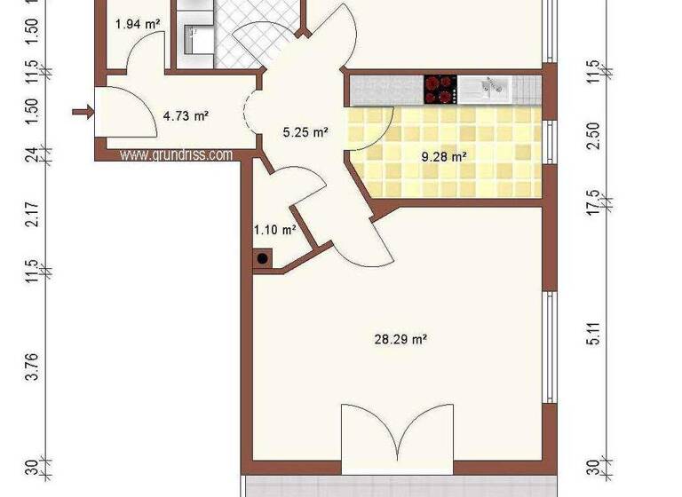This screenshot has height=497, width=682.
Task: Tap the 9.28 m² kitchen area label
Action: point(443,157)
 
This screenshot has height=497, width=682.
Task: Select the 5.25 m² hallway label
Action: point(305,132)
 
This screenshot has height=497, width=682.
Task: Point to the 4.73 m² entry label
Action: point(185,114)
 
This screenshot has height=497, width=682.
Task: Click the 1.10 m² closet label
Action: point(274,230)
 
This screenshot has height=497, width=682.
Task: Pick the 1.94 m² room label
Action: point(138,24)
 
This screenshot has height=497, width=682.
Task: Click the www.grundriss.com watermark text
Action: point(176,154)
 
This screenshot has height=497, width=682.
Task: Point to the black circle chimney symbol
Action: point(263,259)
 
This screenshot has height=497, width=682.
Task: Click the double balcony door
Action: point(398,438)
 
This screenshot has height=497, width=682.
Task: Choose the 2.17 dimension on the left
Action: point(33,217)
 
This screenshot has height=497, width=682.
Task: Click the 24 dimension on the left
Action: point(33,154)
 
